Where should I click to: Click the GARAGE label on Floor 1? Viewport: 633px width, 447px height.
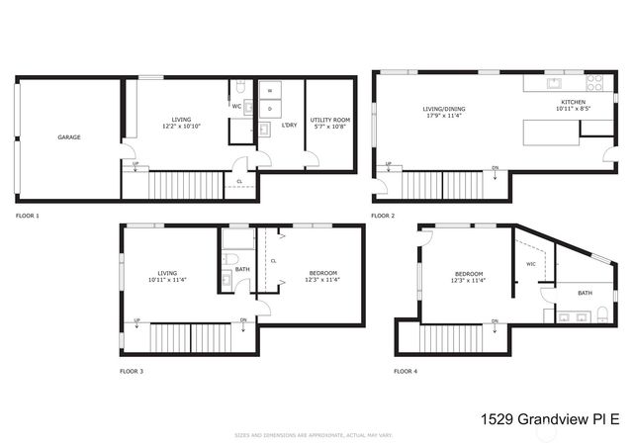[69, 137]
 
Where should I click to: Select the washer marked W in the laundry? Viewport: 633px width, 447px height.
[270, 90]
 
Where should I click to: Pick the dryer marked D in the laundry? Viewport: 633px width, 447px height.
[270, 107]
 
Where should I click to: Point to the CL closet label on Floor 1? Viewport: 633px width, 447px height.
[239, 182]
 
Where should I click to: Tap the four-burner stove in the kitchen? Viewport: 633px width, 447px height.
[594, 84]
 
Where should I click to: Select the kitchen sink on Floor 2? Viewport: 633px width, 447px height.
[556, 84]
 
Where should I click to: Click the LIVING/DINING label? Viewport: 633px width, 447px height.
[444, 110]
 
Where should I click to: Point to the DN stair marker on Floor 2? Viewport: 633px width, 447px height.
[495, 167]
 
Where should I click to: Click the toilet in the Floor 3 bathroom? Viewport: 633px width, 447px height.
[229, 259]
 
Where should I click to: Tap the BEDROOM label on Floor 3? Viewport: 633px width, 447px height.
[322, 274]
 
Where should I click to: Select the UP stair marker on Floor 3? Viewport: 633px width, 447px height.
[136, 320]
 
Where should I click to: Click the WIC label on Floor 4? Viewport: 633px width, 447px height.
[530, 264]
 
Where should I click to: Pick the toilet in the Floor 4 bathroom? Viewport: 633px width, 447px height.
[600, 316]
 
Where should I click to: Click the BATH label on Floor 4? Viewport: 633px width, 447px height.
[585, 293]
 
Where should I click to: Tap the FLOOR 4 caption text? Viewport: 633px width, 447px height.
[406, 372]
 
